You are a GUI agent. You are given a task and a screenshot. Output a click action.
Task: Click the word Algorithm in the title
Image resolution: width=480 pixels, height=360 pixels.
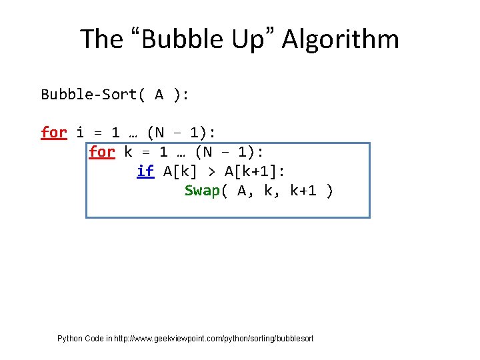[x=341, y=39]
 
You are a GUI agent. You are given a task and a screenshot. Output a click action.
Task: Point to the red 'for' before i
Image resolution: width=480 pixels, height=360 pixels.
[x=54, y=133]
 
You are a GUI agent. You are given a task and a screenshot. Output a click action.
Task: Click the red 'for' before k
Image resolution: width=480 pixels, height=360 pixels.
[x=102, y=152]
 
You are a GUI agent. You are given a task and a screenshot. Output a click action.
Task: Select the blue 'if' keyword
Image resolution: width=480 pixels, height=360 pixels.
[x=145, y=171]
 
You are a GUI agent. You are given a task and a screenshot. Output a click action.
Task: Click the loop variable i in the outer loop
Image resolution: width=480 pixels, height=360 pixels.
[x=80, y=133]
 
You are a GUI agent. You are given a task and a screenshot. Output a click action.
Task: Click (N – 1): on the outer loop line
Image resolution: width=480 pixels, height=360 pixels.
[x=181, y=133]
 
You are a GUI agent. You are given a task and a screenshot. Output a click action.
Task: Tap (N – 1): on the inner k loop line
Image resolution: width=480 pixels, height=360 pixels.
[x=229, y=152]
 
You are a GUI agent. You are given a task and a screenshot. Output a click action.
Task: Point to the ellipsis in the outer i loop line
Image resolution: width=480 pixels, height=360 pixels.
[x=132, y=133]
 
